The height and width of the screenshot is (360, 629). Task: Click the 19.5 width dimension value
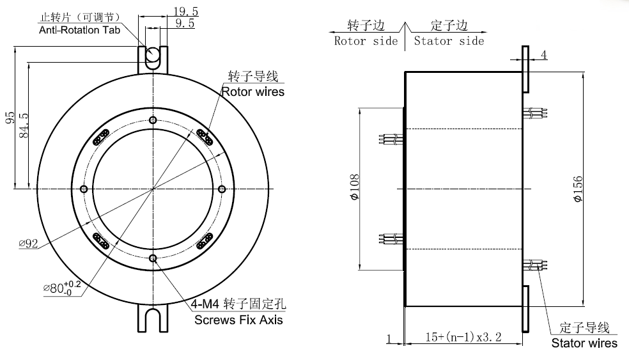coord(185,11)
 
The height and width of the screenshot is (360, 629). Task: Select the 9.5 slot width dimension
coord(184,24)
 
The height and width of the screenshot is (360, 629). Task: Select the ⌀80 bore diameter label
coord(61,287)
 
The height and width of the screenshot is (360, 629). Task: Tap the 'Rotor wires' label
coord(252,91)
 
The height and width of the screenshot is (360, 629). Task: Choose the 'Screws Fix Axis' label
coord(238,319)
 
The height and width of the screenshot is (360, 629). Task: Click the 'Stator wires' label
coord(584,343)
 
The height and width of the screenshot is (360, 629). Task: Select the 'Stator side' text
coord(449,41)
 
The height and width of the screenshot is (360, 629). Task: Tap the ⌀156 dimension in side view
coord(577,189)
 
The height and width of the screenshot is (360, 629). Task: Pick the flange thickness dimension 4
coord(544,55)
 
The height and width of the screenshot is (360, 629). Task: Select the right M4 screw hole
coord(222,189)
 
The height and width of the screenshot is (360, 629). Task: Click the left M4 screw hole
coord(84,189)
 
